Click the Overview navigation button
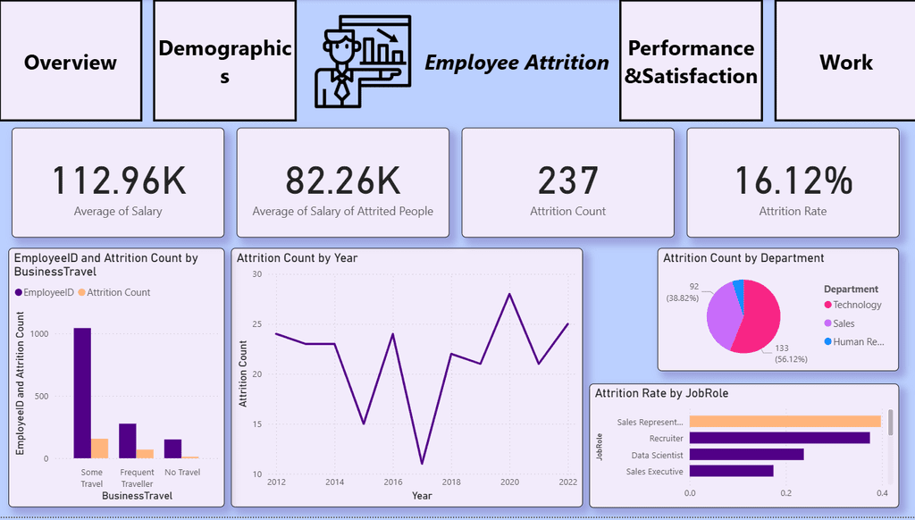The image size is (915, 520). point(71,62)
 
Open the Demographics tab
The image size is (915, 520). point(225,62)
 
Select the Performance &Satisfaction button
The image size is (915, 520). point(691,62)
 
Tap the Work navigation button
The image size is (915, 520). point(845,62)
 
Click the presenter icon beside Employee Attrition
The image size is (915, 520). point(361,62)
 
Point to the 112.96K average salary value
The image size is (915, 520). point(118,180)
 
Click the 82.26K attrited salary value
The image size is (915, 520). point(343,180)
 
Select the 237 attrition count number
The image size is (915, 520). point(567,180)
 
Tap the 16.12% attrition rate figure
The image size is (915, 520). point(793,180)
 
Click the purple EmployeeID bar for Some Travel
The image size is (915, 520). point(82,393)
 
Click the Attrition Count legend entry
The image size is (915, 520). point(114,292)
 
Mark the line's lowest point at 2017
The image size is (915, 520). point(422,463)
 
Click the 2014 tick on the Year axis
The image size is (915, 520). point(334,482)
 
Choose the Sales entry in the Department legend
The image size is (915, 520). point(843,323)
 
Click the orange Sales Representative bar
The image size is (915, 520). point(785,422)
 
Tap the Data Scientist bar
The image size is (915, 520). point(746,454)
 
